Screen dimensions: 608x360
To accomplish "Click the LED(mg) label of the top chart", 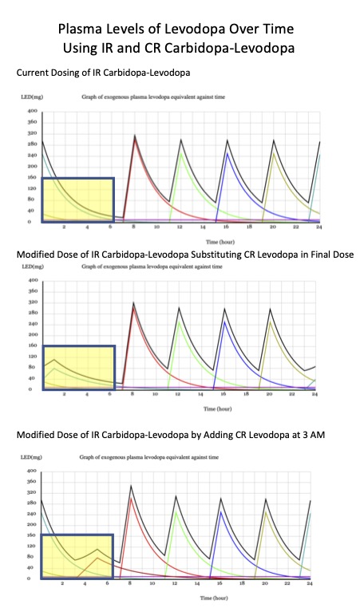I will [30, 96].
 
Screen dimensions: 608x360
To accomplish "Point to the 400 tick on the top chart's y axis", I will [33, 111].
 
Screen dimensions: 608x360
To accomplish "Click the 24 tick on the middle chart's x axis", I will [315, 395].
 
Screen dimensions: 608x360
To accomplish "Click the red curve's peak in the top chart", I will [135, 140].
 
